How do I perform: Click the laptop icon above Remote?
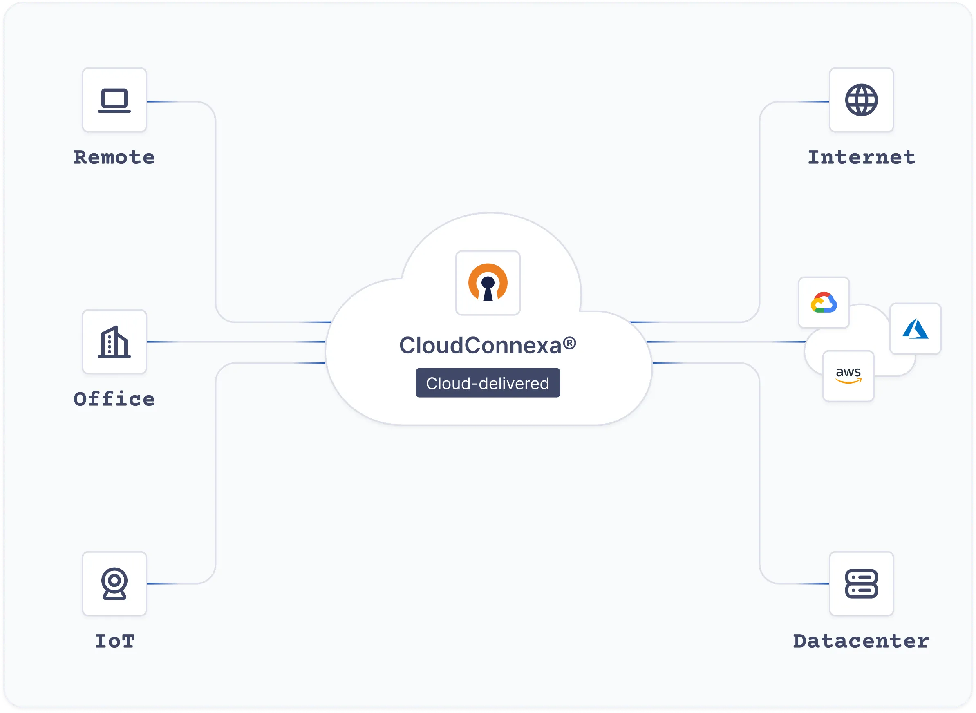(114, 100)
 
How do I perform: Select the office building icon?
(114, 342)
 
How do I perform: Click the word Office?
(114, 399)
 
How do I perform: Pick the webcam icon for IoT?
(114, 583)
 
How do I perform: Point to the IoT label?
(115, 641)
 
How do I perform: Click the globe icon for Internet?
(861, 100)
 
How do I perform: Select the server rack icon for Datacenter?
(861, 583)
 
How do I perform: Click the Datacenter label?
(861, 641)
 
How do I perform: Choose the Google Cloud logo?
(824, 302)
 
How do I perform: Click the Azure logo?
(915, 329)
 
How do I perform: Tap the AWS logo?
(848, 376)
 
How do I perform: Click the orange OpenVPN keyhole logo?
(488, 283)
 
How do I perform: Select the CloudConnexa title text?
(480, 345)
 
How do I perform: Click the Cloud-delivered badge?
(488, 383)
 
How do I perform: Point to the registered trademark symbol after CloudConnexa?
(569, 343)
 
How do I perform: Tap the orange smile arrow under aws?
(848, 381)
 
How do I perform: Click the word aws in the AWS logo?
(848, 372)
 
